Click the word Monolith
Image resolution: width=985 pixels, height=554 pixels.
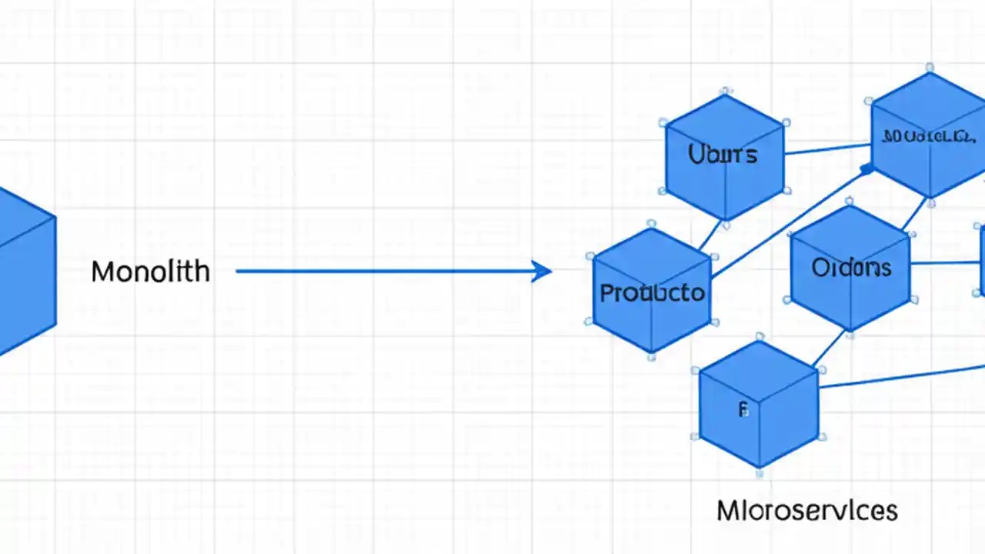click(150, 272)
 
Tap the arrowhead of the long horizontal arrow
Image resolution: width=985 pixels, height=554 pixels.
click(543, 271)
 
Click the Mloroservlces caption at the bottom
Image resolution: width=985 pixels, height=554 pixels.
click(806, 510)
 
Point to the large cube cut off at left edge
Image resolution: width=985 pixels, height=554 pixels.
click(23, 269)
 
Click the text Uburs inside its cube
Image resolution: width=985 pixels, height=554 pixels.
click(723, 155)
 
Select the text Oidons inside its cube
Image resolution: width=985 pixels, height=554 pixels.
click(851, 268)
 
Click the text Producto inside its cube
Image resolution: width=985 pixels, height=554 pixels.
click(651, 293)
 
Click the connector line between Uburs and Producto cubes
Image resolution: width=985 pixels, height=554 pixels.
click(711, 235)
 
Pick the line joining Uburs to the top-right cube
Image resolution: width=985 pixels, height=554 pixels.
click(827, 149)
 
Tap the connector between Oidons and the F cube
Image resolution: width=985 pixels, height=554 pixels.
click(829, 349)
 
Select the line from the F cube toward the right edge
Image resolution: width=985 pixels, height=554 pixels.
click(900, 377)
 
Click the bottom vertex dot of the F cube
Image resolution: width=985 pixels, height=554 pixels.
click(760, 471)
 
